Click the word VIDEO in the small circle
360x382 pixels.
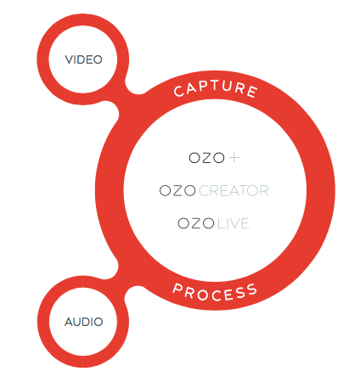tap(83, 59)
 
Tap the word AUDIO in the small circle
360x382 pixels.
tap(83, 322)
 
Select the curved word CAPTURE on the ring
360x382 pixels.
tap(216, 88)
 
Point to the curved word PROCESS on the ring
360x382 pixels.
tap(215, 292)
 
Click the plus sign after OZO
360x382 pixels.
tap(234, 158)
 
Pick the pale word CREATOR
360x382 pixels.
tap(233, 191)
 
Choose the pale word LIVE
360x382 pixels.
tap(233, 223)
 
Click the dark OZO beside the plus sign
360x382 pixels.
tap(206, 158)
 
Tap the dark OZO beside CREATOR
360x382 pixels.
tap(177, 191)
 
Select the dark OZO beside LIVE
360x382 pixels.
tap(196, 223)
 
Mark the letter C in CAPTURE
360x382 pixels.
tap(179, 91)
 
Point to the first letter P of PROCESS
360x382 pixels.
tap(178, 289)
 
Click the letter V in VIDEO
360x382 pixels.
tap(69, 59)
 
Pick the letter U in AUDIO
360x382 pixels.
tap(79, 322)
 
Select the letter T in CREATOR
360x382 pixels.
tap(244, 191)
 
